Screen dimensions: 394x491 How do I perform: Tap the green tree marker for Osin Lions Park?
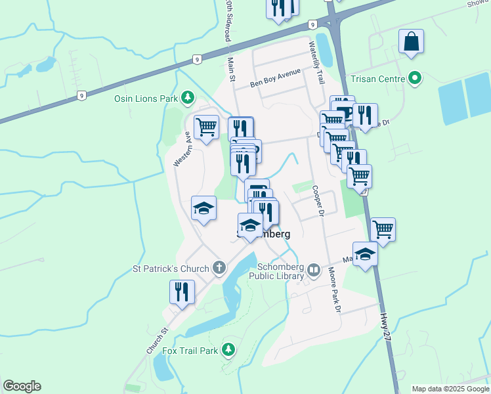[x=188, y=98]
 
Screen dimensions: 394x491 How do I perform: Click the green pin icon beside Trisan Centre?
[x=414, y=79]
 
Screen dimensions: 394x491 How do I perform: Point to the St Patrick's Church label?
[x=170, y=268]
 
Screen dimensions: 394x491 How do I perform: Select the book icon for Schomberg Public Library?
[x=314, y=269]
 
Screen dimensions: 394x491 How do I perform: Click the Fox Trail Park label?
[x=190, y=351]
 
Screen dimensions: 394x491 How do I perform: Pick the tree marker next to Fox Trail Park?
[x=228, y=349]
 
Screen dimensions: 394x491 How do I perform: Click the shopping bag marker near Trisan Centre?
[x=411, y=42]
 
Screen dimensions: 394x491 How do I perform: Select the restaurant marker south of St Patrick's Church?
[x=182, y=291]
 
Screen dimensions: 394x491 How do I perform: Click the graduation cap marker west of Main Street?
[x=203, y=208]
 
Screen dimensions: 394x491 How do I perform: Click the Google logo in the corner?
[x=22, y=386]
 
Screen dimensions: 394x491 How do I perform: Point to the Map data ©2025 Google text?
[x=450, y=389]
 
